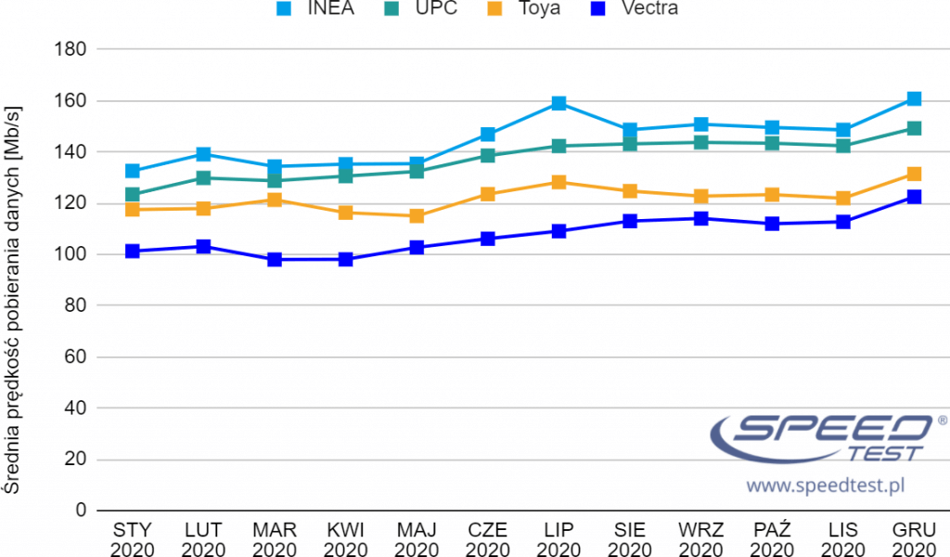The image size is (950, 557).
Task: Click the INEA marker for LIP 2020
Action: pyautogui.click(x=558, y=103)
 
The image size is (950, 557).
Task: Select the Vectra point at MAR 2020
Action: pyautogui.click(x=275, y=260)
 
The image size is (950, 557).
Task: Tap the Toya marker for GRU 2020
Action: pyautogui.click(x=914, y=174)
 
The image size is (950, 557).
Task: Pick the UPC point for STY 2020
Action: pyautogui.click(x=133, y=195)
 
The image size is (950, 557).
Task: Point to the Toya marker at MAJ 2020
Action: pyautogui.click(x=417, y=216)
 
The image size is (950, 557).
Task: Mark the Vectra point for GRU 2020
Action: pyautogui.click(x=914, y=197)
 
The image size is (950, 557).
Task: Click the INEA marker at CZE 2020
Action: pyautogui.click(x=488, y=135)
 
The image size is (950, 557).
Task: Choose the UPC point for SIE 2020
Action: pyautogui.click(x=630, y=144)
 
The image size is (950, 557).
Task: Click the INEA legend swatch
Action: pyautogui.click(x=286, y=9)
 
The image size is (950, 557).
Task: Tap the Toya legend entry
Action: pyautogui.click(x=534, y=9)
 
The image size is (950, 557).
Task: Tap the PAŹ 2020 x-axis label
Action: pyautogui.click(x=772, y=539)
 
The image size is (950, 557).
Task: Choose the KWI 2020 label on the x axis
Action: pyautogui.click(x=345, y=539)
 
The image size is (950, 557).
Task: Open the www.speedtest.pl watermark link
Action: pyautogui.click(x=825, y=485)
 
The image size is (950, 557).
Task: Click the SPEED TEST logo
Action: pyautogui.click(x=822, y=437)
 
